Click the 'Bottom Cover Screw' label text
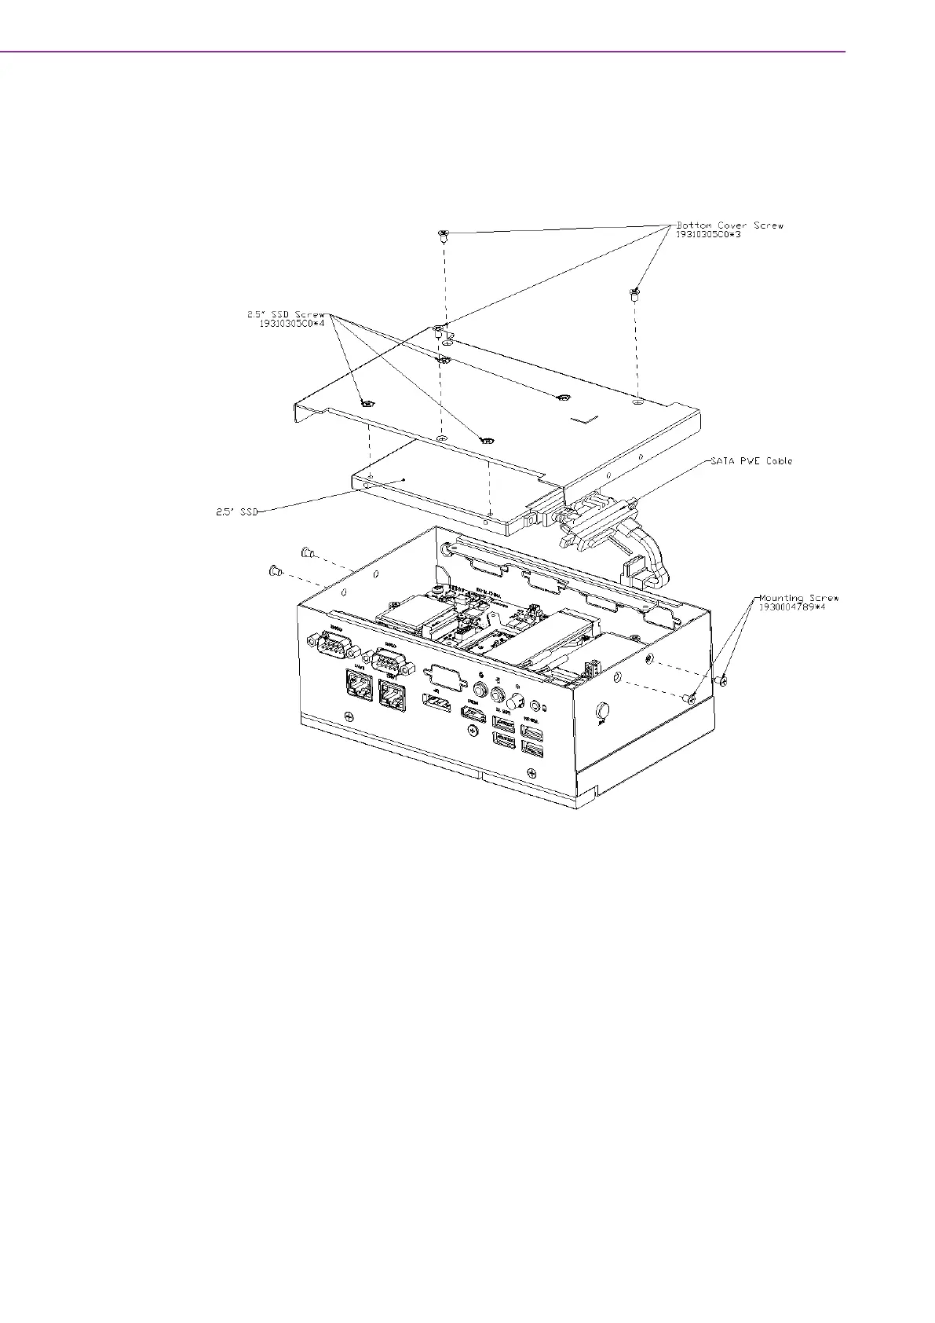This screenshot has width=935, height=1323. pos(730,225)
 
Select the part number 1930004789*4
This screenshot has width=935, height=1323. pos(791,607)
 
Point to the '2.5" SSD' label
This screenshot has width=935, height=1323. pos(237,511)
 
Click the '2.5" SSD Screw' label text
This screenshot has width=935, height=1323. pos(286,314)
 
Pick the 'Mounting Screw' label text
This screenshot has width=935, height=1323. pos(798,598)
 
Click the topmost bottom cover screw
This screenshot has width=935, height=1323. pos(443,234)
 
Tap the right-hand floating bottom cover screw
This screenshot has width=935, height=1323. pos(634,295)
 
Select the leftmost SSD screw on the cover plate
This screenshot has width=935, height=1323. pos(367,404)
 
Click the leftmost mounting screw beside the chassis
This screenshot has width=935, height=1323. pos(275,571)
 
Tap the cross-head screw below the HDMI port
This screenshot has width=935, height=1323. pos(472,731)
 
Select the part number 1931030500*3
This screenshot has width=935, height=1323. pos(708,235)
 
